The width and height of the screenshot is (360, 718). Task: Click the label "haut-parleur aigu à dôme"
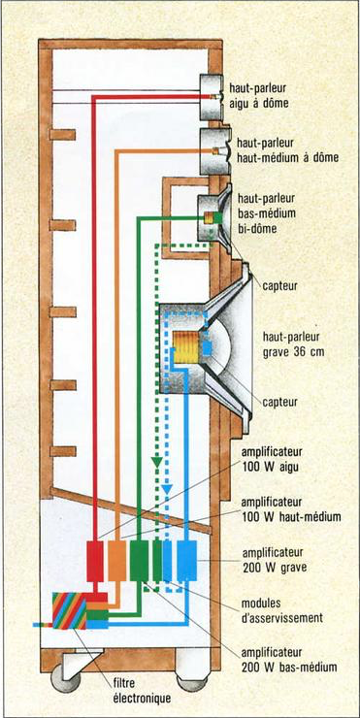pos(258,96)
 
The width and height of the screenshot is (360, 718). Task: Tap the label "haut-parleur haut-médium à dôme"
pos(287,150)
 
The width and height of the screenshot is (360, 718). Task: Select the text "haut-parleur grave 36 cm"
pos(292,344)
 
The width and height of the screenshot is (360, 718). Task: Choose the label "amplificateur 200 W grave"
pos(274,560)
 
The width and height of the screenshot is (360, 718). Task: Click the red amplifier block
pos(95,561)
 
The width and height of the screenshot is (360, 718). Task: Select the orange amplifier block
pos(116,561)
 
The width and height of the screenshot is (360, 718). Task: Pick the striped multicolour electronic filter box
pos(69,610)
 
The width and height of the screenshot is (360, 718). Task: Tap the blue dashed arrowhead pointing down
pos(167,489)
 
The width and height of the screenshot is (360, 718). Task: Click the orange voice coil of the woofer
pos(186,346)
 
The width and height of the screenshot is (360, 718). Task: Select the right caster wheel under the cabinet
pos(191,683)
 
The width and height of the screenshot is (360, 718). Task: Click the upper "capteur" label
pos(279,286)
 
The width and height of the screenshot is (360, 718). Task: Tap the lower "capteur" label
pos(279,402)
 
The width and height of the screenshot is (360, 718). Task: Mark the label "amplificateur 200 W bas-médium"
pos(288,660)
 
